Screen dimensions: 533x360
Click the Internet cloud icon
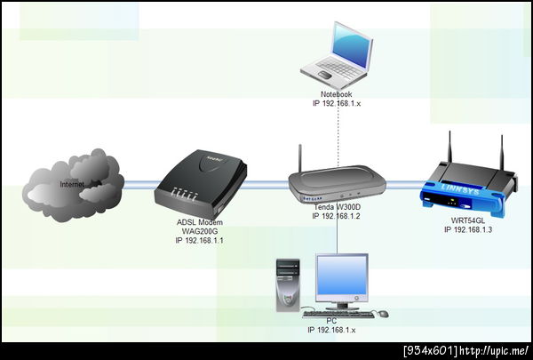click(73, 185)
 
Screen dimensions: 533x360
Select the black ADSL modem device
click(201, 184)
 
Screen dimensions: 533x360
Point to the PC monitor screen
click(342, 275)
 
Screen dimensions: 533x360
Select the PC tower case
click(288, 285)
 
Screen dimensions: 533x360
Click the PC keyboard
click(338, 314)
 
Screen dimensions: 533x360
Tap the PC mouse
click(383, 314)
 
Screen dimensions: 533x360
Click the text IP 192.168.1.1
click(200, 240)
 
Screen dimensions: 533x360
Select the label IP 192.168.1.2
click(336, 216)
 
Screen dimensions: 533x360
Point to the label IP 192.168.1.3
click(468, 229)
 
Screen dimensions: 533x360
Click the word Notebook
click(336, 94)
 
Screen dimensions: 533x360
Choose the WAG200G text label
click(200, 231)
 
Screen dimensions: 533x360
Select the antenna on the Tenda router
click(300, 158)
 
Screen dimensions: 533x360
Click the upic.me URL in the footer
click(495, 350)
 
